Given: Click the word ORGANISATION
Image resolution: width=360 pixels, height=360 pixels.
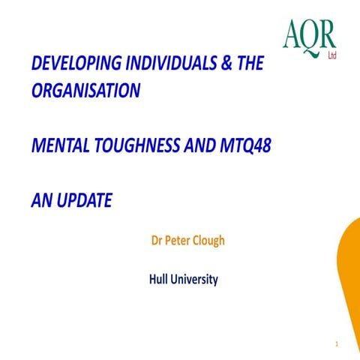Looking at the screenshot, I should coord(85,90).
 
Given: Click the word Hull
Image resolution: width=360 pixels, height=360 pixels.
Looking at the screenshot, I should coord(160,280).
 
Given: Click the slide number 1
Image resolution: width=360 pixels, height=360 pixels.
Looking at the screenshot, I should coord(338,344).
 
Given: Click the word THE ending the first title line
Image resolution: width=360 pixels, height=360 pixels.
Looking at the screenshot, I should coord(245,64).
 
